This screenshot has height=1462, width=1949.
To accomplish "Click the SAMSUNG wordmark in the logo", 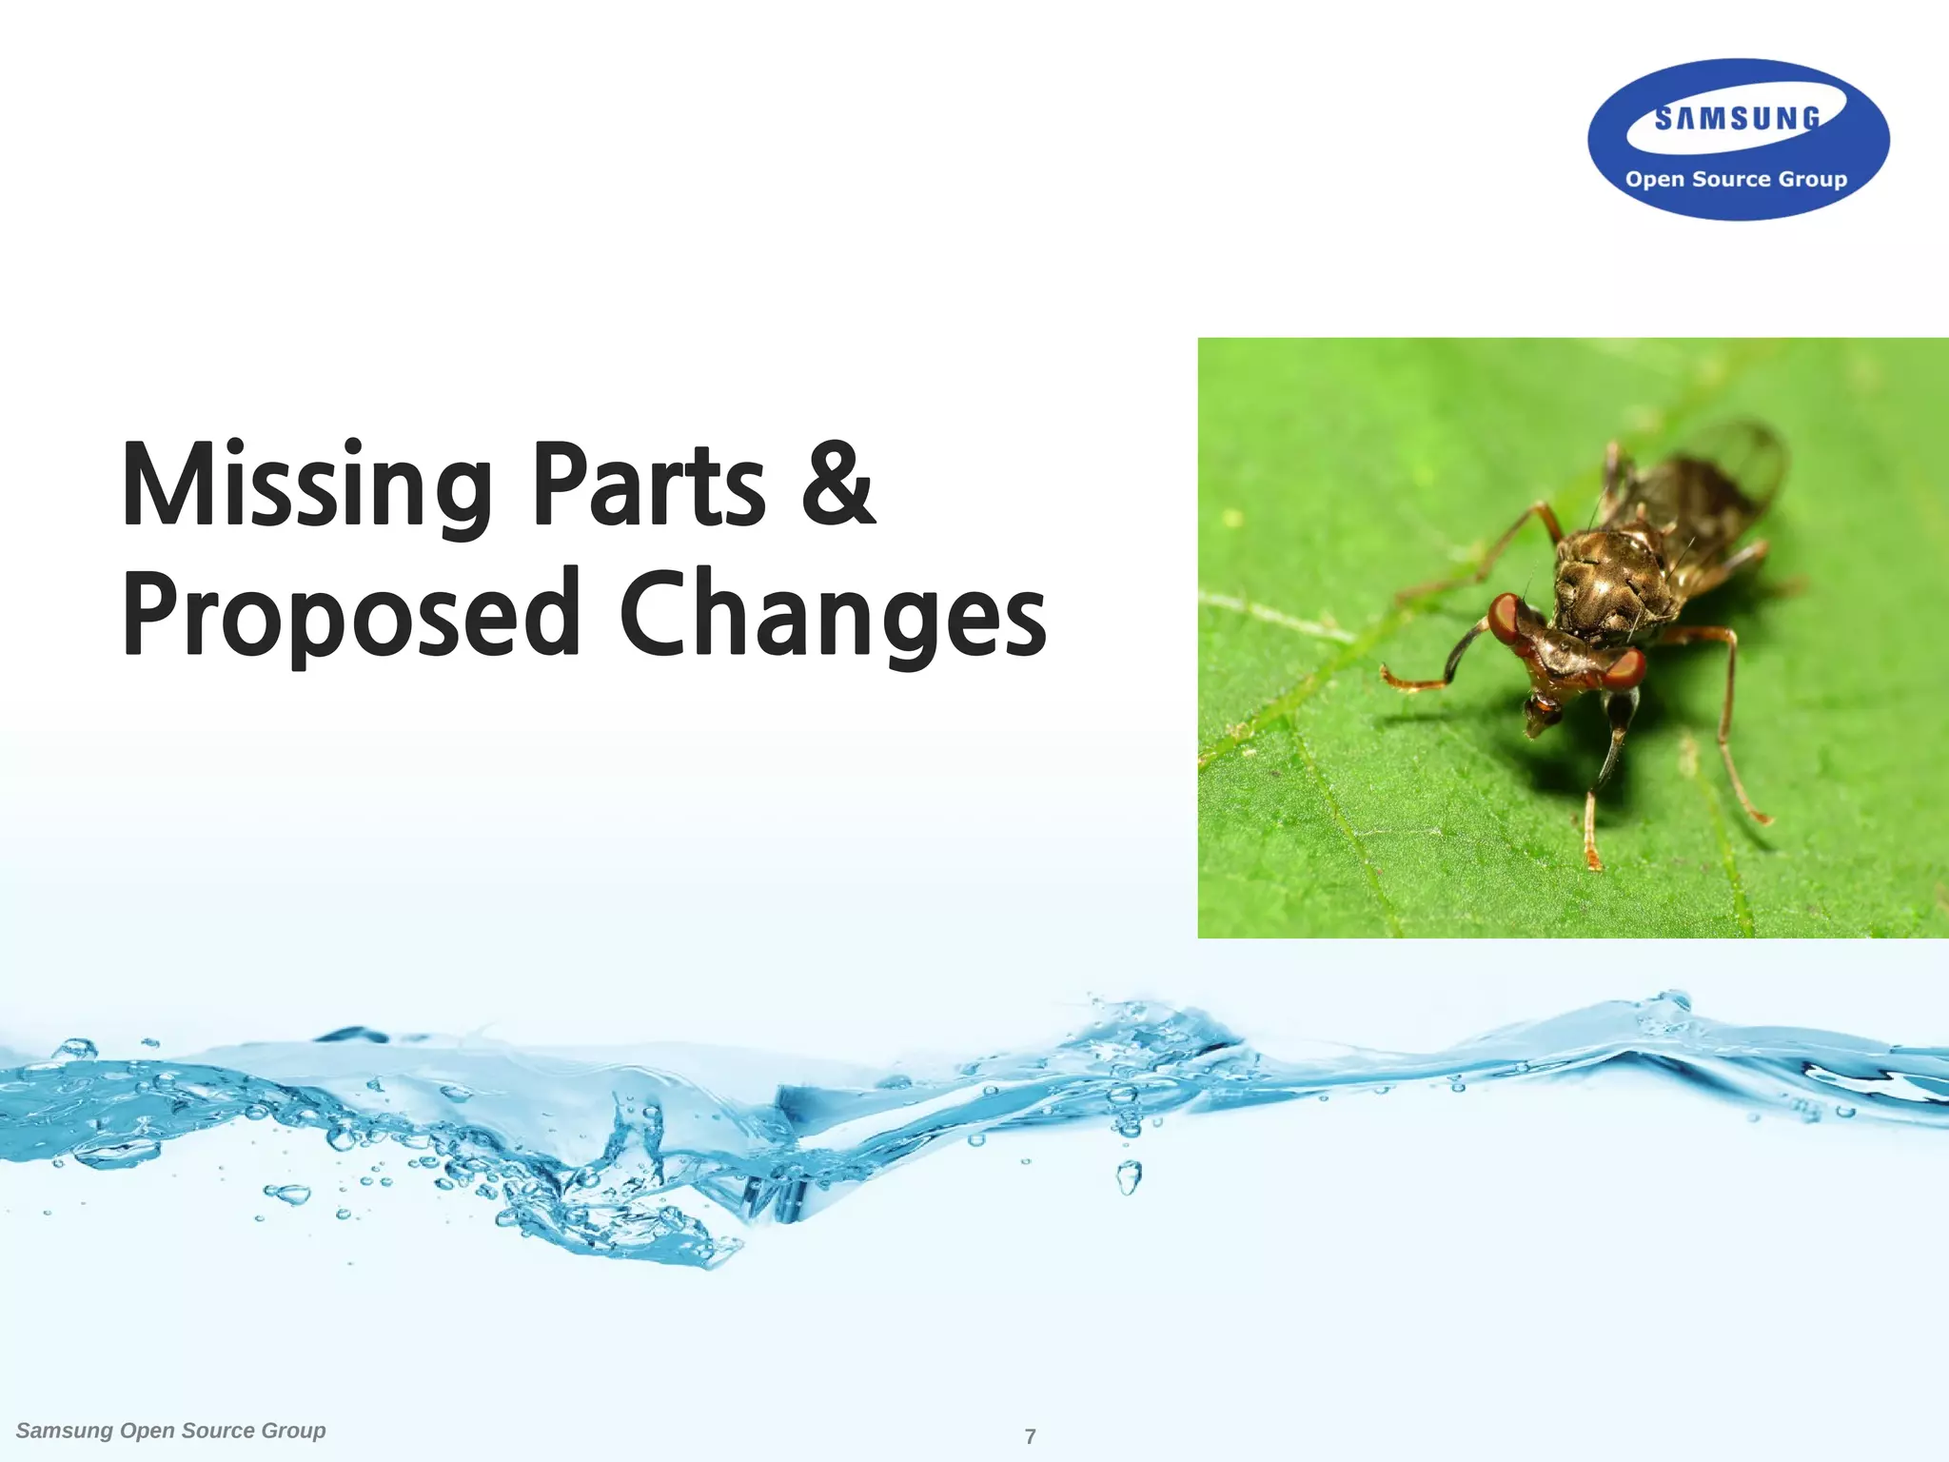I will tap(1737, 119).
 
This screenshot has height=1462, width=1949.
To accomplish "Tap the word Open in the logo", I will tap(1655, 179).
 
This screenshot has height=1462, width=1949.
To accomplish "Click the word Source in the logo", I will tap(1731, 179).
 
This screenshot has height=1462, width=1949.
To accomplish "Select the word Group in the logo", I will tap(1813, 179).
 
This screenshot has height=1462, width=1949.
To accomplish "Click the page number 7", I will tap(1030, 1436).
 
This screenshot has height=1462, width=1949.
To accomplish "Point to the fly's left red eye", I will tap(1506, 618).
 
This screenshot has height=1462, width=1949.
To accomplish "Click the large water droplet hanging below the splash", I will tap(1129, 1178).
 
